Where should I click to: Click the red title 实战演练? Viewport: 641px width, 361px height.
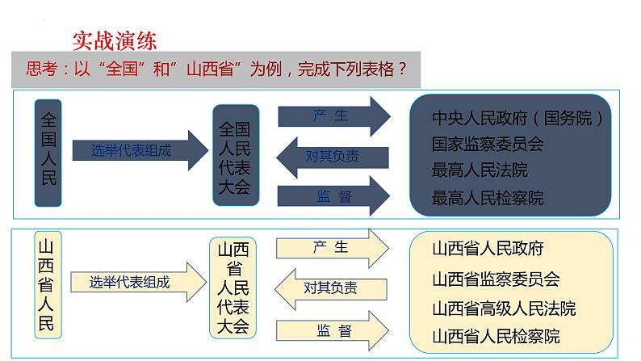114,40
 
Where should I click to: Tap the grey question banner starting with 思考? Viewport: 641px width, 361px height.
216,69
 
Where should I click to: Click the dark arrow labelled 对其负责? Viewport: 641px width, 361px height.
333,156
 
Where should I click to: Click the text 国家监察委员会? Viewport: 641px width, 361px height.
488,145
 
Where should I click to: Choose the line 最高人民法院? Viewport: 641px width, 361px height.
480,170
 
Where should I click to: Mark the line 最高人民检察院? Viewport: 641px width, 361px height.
488,197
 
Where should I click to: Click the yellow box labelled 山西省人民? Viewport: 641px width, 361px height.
48,283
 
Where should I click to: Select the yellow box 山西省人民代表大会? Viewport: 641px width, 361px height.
233,288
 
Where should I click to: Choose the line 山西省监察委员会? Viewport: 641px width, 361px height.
496,279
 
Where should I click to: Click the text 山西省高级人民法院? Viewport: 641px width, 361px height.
504,308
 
